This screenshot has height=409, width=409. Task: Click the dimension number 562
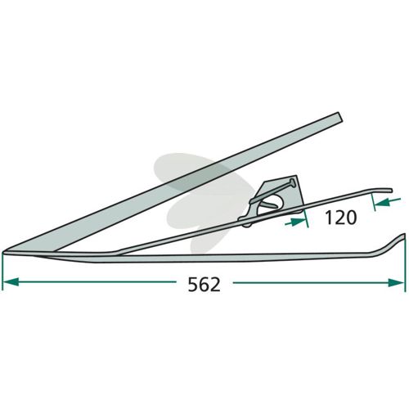tap(204, 285)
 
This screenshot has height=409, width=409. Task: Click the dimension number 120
tap(341, 218)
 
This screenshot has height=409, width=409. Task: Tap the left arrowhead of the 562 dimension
tap(11, 282)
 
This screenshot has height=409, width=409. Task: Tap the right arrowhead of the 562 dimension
tap(396, 283)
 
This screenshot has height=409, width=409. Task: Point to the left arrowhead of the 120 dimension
tap(297, 222)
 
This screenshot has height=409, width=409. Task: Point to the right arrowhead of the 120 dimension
tap(381, 202)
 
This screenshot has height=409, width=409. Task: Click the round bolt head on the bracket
tap(292, 182)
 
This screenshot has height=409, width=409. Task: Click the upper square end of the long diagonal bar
tap(339, 117)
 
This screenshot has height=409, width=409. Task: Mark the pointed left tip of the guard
tap(4, 252)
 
